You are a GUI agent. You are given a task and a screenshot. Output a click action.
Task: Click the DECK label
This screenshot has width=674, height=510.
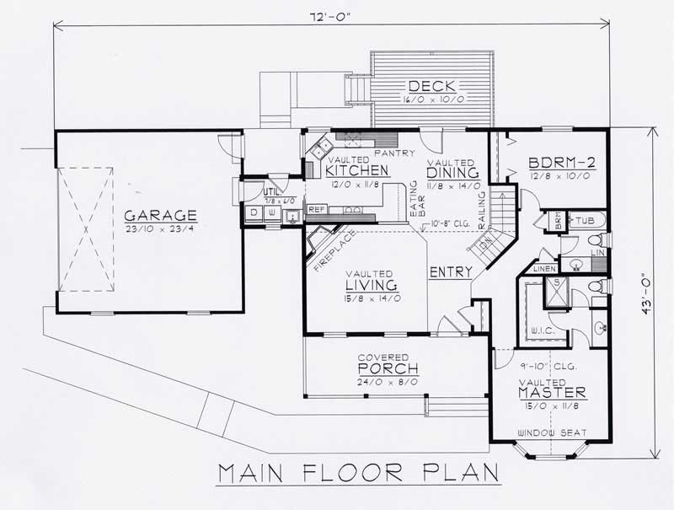[x=432, y=85]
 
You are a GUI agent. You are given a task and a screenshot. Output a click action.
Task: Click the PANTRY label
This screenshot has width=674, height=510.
[x=390, y=153]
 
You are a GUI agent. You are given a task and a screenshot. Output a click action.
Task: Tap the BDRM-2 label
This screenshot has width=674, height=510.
[x=559, y=164]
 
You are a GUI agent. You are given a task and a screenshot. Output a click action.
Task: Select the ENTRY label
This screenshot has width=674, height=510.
[x=449, y=272]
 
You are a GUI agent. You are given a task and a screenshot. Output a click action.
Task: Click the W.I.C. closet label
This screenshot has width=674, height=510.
[x=542, y=330]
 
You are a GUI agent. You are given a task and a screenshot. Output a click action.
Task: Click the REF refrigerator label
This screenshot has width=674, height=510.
[x=318, y=209]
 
